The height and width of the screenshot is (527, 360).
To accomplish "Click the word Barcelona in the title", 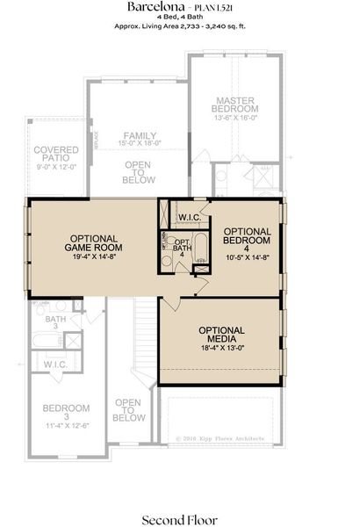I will (150, 7).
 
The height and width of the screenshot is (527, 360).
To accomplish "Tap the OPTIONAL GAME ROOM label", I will (96, 242).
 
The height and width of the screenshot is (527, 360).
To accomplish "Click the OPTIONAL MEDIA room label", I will (221, 335).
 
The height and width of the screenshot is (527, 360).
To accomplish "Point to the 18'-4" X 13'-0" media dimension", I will (221, 348).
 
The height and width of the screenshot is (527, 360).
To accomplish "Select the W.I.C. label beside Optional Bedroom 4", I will (190, 216).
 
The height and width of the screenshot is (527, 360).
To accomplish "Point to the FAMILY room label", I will (140, 135).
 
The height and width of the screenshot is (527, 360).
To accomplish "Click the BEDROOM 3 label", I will (67, 414).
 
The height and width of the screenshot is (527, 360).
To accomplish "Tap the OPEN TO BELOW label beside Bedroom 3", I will (129, 410).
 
